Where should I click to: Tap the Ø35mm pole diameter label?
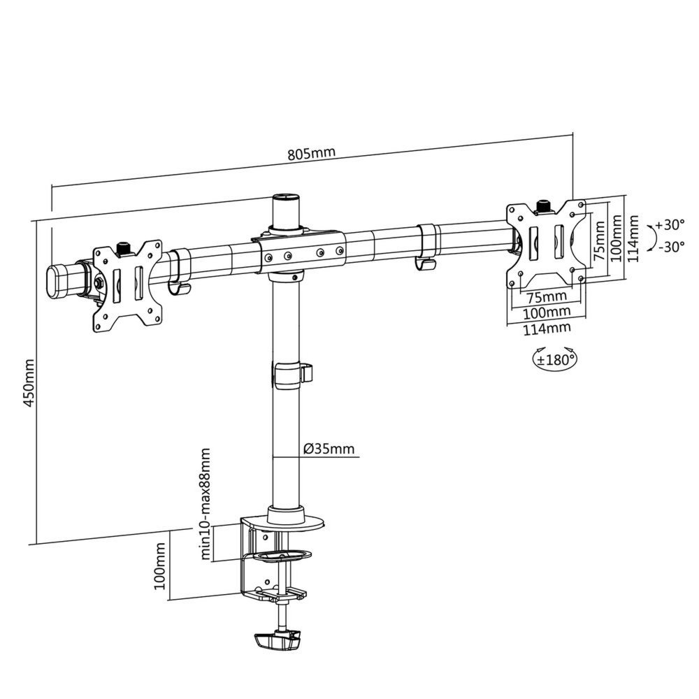(329, 449)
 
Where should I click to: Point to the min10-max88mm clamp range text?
(207, 505)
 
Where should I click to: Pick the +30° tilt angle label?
(670, 226)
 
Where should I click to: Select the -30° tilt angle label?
(670, 246)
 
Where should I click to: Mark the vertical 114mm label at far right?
(633, 238)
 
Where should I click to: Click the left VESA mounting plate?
(127, 283)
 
